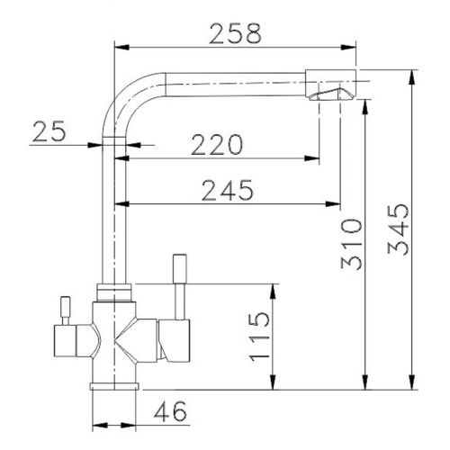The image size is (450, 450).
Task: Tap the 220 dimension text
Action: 216,145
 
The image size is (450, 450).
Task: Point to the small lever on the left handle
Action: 66,309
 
